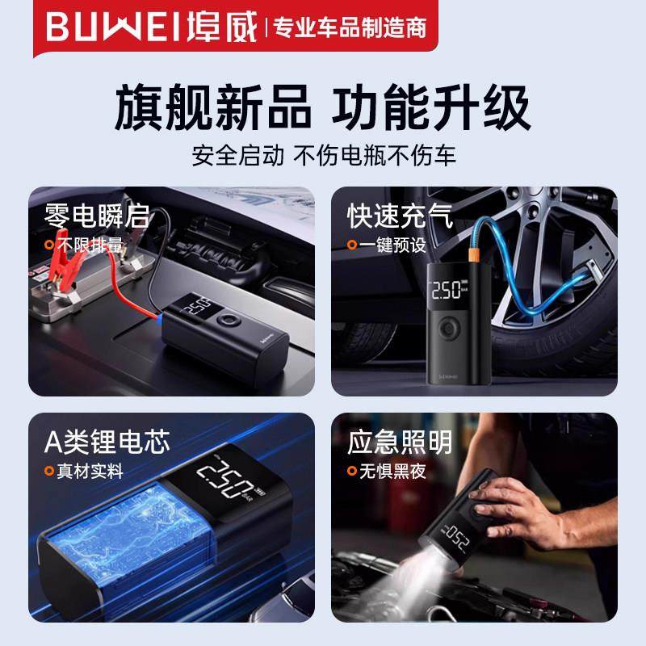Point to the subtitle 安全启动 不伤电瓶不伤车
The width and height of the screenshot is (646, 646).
[323, 153]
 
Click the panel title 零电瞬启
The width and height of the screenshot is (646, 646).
[97, 216]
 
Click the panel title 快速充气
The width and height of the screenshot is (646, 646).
[401, 216]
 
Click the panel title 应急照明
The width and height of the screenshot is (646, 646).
[401, 442]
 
